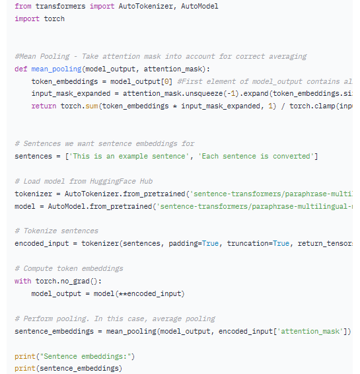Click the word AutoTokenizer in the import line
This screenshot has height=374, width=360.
146,6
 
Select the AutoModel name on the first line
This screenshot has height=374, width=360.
199,6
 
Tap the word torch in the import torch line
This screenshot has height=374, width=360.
54,19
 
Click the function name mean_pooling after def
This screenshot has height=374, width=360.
56,69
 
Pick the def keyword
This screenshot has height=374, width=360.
21,69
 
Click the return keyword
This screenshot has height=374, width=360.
44,106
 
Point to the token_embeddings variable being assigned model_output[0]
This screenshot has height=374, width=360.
65,81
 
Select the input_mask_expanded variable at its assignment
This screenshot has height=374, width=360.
71,94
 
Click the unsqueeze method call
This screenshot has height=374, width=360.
204,94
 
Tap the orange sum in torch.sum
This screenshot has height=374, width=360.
92,106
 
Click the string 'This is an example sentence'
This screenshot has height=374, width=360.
129,156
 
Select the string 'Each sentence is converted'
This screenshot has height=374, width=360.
256,156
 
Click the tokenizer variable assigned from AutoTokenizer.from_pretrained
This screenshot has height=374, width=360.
34,194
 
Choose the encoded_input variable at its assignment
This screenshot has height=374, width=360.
42,244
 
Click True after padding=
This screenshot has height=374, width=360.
210,244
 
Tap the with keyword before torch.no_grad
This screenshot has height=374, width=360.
23,281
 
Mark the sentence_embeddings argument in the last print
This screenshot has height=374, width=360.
79,368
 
